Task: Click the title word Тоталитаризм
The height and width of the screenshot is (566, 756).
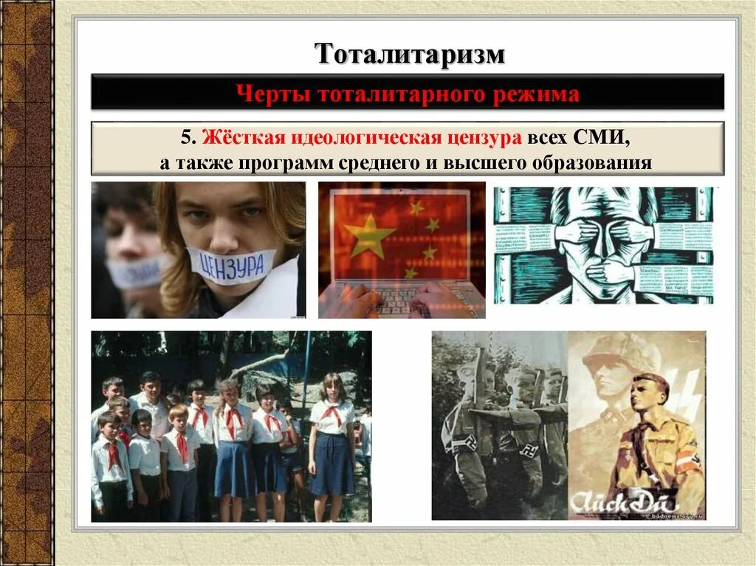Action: point(410,55)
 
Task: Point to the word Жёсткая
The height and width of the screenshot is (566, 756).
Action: point(236,137)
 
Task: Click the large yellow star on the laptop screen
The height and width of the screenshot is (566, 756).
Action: point(371,235)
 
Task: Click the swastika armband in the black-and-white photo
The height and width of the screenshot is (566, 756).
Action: point(464,444)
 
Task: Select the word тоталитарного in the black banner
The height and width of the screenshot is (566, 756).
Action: point(396,94)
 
